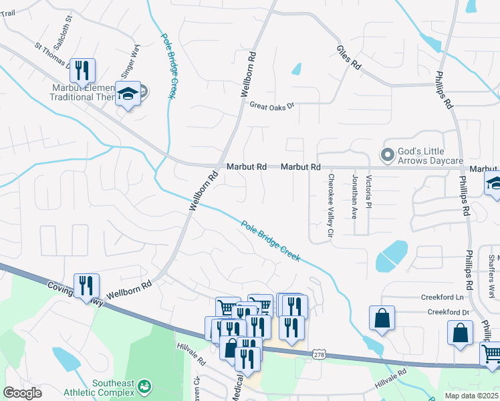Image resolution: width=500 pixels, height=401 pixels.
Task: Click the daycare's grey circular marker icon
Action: (386, 155)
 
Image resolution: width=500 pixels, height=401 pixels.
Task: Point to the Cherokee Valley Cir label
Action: (331, 206)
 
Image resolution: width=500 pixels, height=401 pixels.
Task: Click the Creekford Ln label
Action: (442, 297)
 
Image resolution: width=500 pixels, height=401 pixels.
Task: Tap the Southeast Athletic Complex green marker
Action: (143, 386)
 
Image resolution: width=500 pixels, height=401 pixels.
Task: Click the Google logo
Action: (23, 393)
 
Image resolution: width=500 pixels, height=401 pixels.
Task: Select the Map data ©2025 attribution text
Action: (471, 396)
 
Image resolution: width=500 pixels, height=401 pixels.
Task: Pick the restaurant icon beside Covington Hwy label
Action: (86, 285)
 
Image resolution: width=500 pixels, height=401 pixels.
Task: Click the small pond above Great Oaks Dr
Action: (296, 69)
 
